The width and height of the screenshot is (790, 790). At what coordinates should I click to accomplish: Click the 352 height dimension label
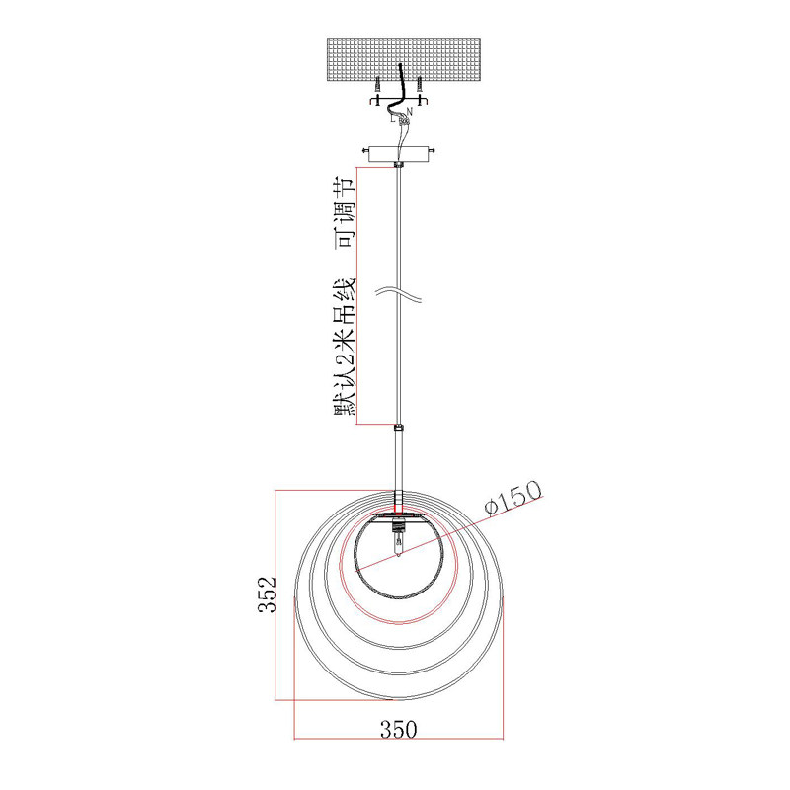268,594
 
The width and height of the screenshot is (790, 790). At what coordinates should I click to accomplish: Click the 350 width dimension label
399,729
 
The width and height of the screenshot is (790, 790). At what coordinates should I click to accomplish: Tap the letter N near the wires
409,111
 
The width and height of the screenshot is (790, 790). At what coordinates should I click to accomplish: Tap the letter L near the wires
393,119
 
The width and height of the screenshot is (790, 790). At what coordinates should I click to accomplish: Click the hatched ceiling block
404,61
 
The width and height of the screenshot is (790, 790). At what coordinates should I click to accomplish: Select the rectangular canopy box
398,154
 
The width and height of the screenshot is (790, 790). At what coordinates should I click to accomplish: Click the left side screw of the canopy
365,150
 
